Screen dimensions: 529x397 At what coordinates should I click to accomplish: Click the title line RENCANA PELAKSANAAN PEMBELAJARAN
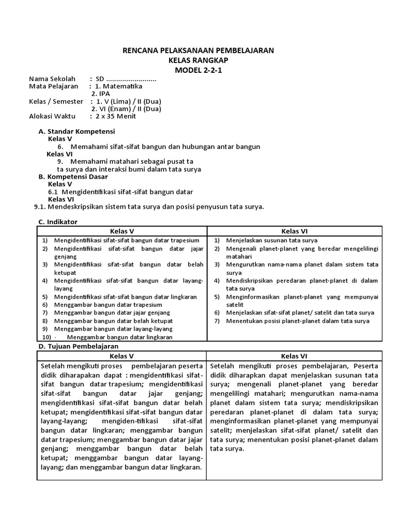tap(198, 50)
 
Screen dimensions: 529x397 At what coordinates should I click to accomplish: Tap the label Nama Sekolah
tap(52, 79)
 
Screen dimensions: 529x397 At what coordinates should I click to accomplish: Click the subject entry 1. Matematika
tap(119, 86)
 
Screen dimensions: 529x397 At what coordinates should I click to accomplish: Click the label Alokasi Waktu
tap(52, 116)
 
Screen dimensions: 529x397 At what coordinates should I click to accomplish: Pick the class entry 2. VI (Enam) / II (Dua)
tap(126, 109)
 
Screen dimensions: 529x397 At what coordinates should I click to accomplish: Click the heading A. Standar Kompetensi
tap(77, 132)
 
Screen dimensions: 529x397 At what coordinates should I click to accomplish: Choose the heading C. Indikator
tap(58, 222)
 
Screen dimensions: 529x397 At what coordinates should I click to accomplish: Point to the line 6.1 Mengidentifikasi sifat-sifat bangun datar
tap(120, 192)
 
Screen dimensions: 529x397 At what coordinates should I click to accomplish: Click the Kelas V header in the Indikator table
tap(122, 231)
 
